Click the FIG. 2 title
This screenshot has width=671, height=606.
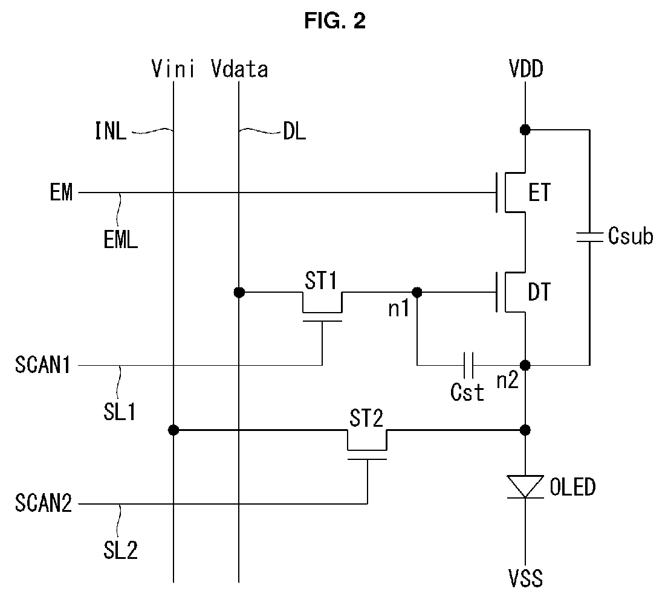coord(335,21)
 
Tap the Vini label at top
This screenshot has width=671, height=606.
coord(173,69)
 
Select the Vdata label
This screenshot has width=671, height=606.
coord(239,69)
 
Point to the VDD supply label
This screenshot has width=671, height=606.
coord(526,69)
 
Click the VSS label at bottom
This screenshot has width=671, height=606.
coord(525,578)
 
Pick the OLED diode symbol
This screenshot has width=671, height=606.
coord(525,486)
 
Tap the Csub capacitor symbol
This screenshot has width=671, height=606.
coord(589,237)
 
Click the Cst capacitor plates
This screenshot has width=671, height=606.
coord(468,365)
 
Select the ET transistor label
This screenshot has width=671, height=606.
coord(539,193)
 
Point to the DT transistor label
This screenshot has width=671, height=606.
coord(539,292)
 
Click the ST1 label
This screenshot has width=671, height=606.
coord(321,281)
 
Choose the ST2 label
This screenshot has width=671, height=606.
coord(366,418)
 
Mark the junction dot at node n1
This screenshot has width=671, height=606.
coord(417,292)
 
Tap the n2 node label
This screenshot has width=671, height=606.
coord(508,380)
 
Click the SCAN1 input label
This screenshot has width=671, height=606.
coord(43,365)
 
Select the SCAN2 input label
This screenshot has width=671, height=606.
coord(43,503)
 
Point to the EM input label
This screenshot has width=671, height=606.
coord(61,193)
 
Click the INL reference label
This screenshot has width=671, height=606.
coord(111,131)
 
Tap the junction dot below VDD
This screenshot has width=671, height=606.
coord(525,130)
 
